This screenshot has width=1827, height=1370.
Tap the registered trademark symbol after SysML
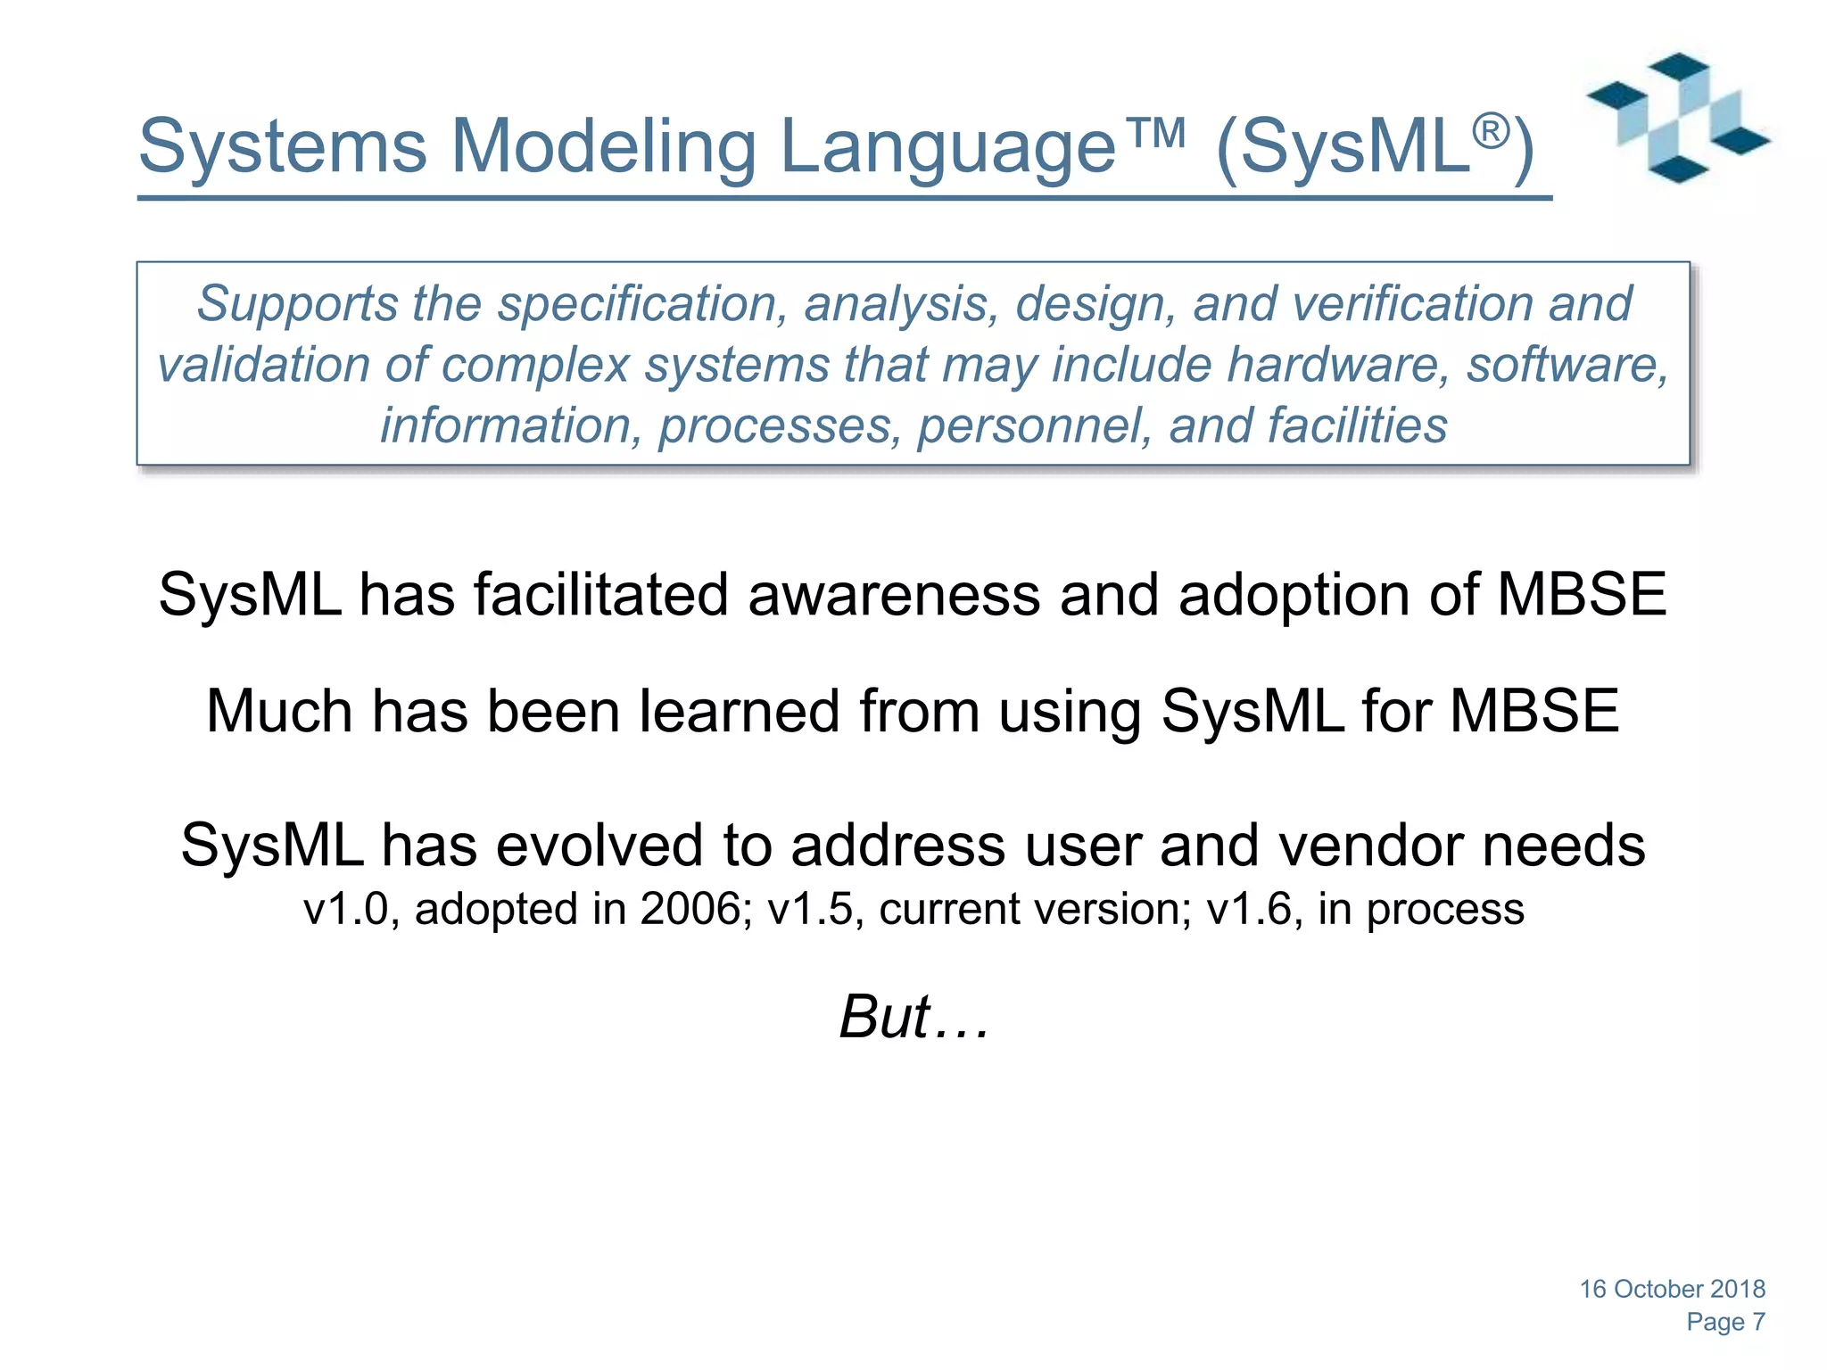click(x=1491, y=131)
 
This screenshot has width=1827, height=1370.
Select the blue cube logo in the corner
click(x=1677, y=118)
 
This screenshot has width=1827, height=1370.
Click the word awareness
click(x=894, y=595)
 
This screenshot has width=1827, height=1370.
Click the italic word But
click(x=885, y=1017)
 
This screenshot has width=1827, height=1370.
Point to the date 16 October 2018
click(x=1672, y=1289)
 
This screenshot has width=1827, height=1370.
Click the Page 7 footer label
click(x=1725, y=1322)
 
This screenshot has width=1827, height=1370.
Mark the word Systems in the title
click(x=283, y=147)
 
